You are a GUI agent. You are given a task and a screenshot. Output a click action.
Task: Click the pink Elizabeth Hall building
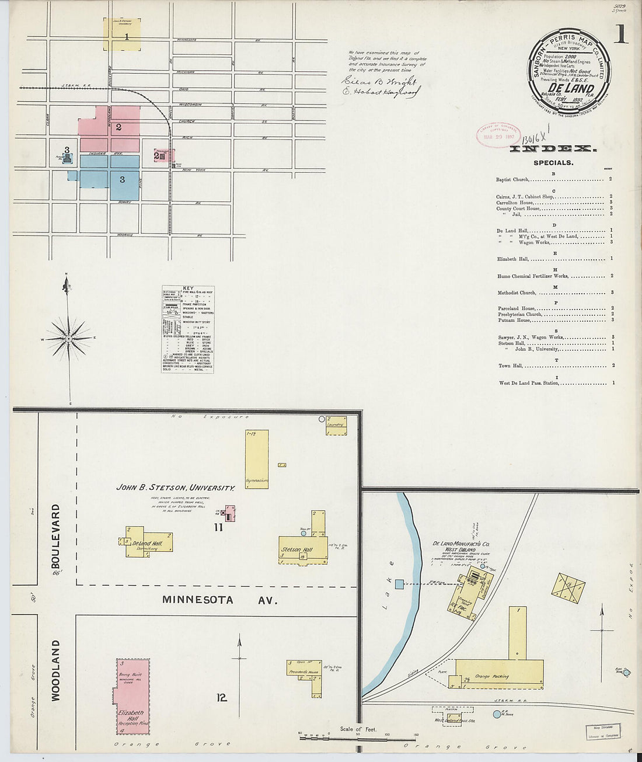tap(131, 696)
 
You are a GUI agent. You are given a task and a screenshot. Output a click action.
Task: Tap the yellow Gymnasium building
tap(257, 460)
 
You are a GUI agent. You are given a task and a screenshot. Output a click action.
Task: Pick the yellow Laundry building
tap(336, 426)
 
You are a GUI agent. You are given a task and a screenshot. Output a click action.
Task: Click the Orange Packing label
tap(491, 676)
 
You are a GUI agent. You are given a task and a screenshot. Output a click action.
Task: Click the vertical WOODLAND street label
tap(56, 670)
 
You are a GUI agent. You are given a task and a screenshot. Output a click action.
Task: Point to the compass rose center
tap(69, 338)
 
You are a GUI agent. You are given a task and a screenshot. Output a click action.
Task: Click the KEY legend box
tap(188, 329)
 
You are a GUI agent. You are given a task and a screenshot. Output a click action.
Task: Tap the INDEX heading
tap(553, 149)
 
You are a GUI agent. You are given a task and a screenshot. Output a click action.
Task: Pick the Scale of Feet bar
tap(358, 737)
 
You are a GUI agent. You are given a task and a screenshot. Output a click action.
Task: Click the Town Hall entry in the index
tap(511, 366)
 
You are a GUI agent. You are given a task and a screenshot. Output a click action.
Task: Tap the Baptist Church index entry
tap(512, 179)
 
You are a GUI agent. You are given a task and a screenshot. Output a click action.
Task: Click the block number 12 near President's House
tap(221, 697)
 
